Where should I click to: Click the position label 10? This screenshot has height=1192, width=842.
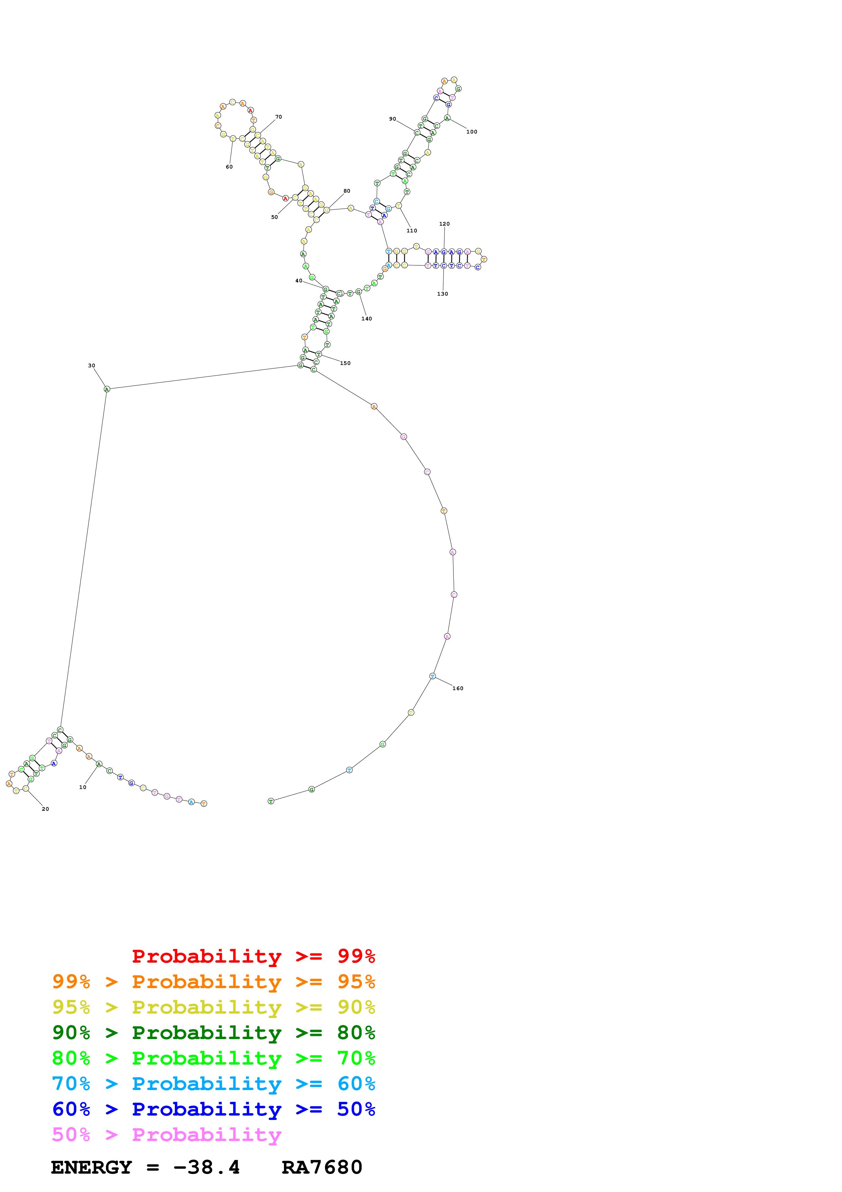tap(83, 787)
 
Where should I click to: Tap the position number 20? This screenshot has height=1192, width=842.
tap(45, 809)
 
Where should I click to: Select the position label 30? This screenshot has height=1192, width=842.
tap(91, 366)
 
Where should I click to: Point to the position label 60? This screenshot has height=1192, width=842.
tap(229, 166)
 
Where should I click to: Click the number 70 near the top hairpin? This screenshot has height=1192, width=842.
tap(279, 117)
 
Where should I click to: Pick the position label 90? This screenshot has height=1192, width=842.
tap(393, 119)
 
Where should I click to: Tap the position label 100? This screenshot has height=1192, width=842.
tap(471, 132)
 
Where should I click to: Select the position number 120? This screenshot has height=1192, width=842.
tap(445, 224)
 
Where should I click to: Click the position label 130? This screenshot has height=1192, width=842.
tap(443, 294)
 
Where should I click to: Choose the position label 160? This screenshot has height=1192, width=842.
tap(458, 688)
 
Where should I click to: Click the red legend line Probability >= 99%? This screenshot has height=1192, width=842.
tap(253, 956)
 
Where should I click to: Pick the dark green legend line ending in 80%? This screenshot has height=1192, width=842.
tap(214, 1033)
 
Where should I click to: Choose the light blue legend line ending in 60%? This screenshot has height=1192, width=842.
tap(214, 1084)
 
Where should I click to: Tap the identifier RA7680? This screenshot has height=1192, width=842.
tap(322, 1168)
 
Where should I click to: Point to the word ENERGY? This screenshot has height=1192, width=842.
tap(91, 1168)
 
